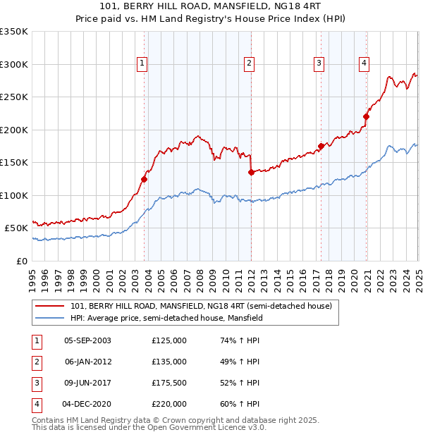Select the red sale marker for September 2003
tap(144, 179)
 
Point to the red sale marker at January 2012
tap(251, 171)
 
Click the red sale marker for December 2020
tap(367, 117)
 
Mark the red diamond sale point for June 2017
tap(321, 146)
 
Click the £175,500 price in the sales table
tap(169, 383)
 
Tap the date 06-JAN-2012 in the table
tap(87, 362)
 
